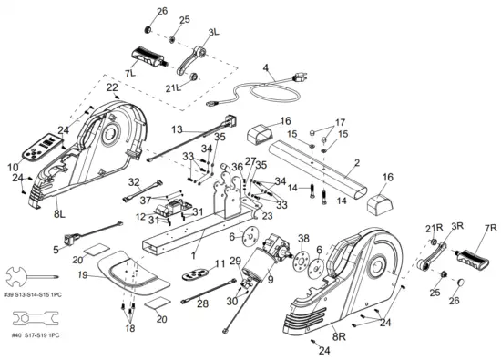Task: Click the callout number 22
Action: point(111,87)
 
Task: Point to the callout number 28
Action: point(202,303)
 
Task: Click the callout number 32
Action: point(134,182)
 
